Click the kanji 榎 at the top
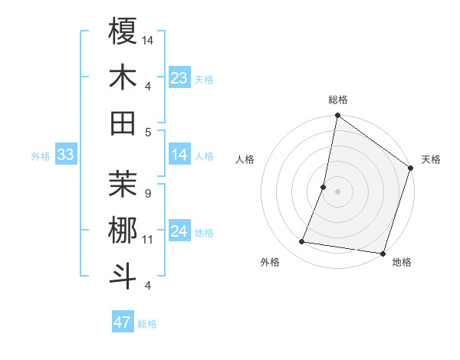pos(123,32)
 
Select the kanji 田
pos(123,123)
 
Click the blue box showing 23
pos(179,78)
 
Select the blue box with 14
pos(179,155)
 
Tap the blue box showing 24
pos(179,231)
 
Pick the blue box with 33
pos(65,155)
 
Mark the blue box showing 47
pos(122,322)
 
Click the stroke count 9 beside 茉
pos(147,193)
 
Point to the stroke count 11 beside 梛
pos(148,240)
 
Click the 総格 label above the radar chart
pos(337,100)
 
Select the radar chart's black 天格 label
pos(431,159)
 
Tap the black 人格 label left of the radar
pos(245,159)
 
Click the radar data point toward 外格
pos(302,242)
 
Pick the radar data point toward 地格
pos(382,253)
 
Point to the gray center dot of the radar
pos(337,191)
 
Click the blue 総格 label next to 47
pos(147,324)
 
